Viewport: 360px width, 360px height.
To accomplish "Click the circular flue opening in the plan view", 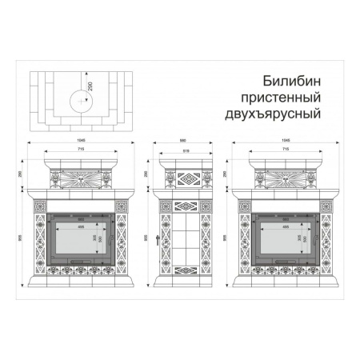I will click(x=79, y=101).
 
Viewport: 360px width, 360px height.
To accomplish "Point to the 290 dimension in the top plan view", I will click(x=90, y=85).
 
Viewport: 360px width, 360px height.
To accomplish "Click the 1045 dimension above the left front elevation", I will click(x=82, y=141).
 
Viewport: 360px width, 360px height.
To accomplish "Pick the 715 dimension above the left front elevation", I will click(x=82, y=150).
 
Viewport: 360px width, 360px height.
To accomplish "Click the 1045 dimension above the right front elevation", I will click(x=286, y=141).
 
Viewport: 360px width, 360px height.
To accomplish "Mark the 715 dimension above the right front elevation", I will click(x=286, y=150).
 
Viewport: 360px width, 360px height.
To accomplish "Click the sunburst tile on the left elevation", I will click(x=82, y=178).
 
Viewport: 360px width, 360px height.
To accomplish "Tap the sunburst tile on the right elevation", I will click(x=286, y=178).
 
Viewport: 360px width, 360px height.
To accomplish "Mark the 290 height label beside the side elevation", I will click(x=146, y=173).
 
